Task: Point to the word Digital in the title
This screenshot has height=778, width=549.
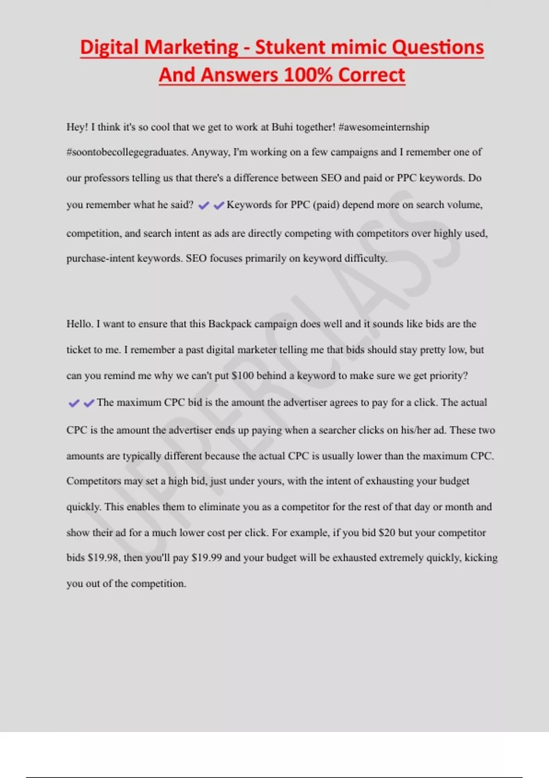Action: click(109, 48)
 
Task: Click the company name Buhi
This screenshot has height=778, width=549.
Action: click(282, 127)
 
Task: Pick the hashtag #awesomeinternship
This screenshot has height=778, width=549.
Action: click(383, 127)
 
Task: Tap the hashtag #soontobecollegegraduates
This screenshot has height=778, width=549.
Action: click(127, 152)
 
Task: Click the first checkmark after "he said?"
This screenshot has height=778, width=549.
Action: click(204, 206)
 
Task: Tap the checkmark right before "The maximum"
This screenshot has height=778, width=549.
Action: click(89, 403)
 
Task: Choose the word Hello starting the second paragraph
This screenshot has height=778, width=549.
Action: click(80, 324)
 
